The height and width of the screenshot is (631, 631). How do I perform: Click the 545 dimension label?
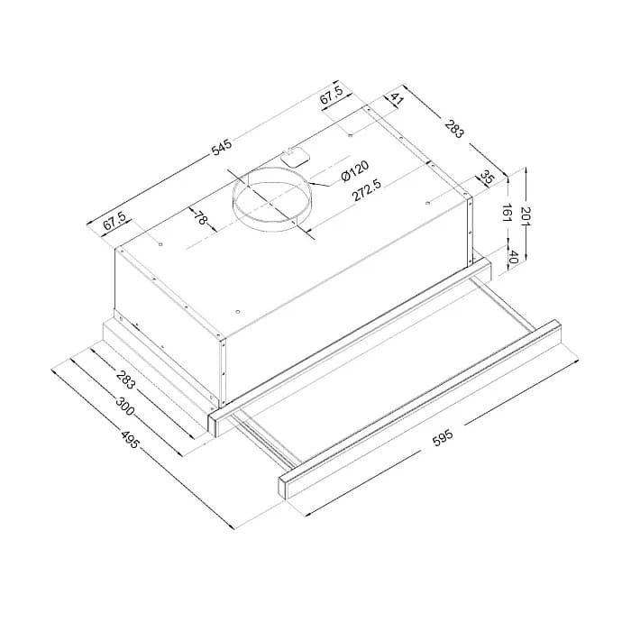tap(222, 147)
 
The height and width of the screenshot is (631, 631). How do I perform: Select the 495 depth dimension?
tap(130, 440)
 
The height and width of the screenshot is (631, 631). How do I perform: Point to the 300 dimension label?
tap(124, 406)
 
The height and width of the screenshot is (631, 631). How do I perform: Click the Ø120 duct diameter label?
tap(354, 170)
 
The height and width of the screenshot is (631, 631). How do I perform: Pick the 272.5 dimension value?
tap(367, 190)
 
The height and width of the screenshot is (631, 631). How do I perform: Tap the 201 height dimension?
tap(526, 217)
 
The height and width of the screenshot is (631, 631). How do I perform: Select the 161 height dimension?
tap(508, 214)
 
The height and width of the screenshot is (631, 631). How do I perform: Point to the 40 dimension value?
tap(513, 257)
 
